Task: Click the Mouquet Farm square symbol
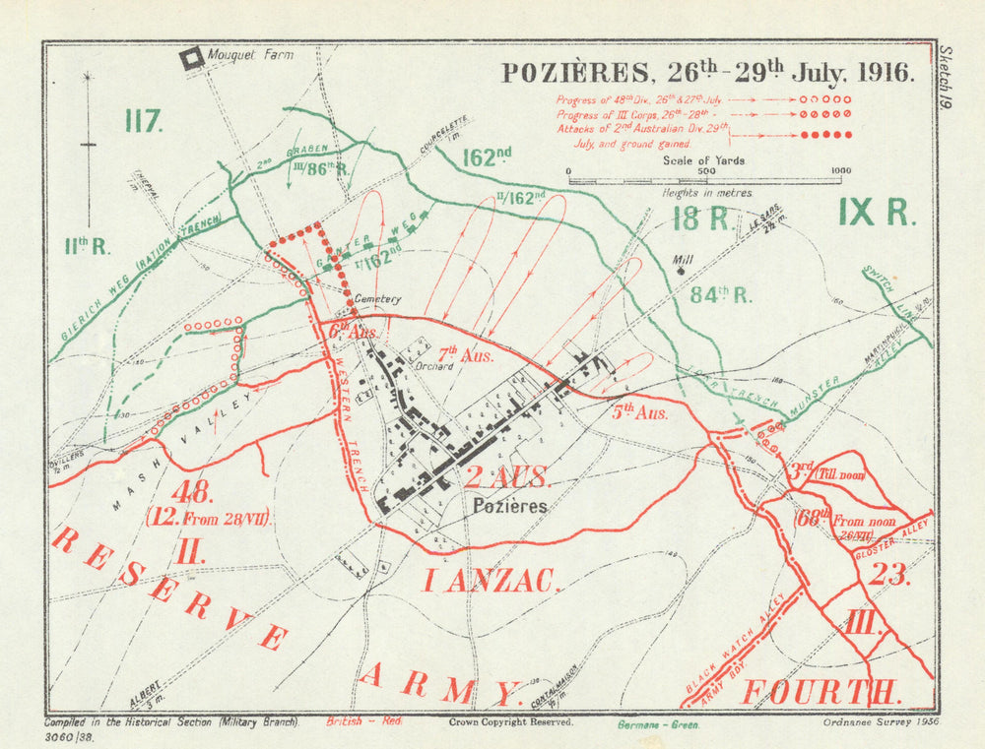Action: [192, 59]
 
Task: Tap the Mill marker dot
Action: [680, 272]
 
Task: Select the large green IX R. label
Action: [876, 212]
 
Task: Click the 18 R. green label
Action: [701, 218]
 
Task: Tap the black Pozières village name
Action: [509, 506]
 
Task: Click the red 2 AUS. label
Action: [507, 478]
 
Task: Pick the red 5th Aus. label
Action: [639, 412]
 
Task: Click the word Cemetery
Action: [378, 299]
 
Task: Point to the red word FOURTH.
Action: [821, 692]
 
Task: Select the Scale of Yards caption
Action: [704, 160]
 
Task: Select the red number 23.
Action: [887, 574]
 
